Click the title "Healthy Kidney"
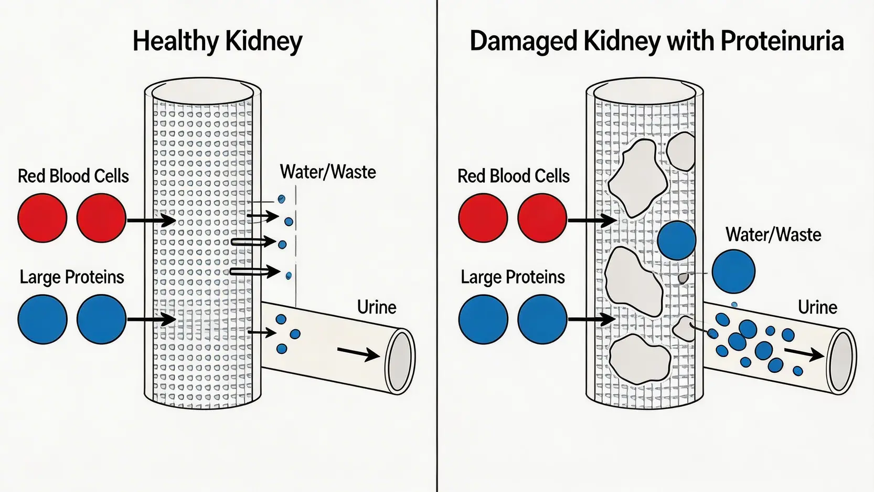point(217,41)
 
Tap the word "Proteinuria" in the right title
point(782,41)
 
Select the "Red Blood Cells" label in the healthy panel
point(73,176)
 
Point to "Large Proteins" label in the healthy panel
point(72,277)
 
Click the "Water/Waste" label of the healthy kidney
point(328,172)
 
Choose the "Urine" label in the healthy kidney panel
point(376,307)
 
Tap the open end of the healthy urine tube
point(400,361)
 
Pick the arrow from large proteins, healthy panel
point(151,319)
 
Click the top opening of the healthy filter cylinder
point(202,92)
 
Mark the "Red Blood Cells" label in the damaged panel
point(513,176)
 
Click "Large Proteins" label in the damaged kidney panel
point(513,277)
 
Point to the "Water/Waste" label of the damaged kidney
point(773,235)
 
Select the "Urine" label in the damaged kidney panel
point(817,307)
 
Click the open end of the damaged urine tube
point(841,361)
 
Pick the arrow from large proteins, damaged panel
point(592,319)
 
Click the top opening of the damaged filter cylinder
point(644,92)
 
